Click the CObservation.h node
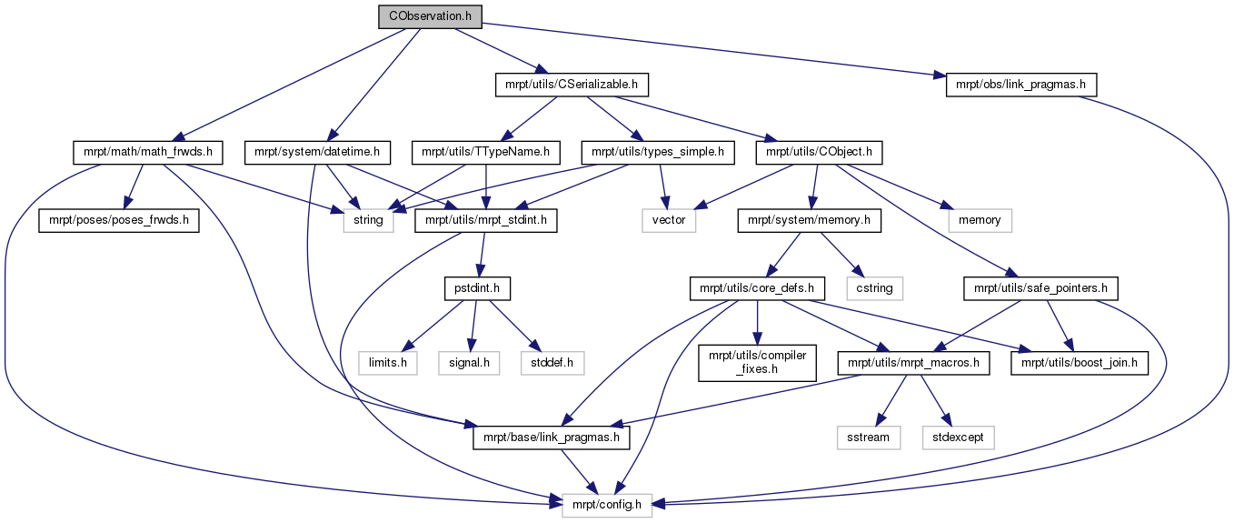coord(430,16)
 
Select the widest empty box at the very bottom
coord(607,505)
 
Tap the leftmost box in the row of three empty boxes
coord(388,363)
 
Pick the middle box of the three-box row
coord(469,363)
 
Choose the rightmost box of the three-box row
coord(552,363)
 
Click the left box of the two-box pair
coord(869,438)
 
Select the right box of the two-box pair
coord(958,438)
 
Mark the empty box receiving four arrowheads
coord(368,220)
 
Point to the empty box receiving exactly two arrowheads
coord(669,220)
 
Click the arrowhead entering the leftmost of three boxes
coord(408,346)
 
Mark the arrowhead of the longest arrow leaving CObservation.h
coord(940,75)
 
